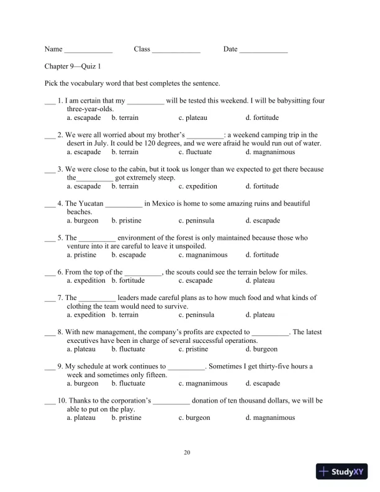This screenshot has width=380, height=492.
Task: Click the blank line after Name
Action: (89, 50)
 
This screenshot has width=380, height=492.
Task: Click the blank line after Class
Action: (176, 50)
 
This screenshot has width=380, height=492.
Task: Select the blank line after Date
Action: (264, 50)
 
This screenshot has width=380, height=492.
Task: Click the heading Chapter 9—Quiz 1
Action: (73, 66)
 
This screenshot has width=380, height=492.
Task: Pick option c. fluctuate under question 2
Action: (195, 152)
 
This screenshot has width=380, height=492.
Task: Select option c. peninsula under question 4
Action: (196, 221)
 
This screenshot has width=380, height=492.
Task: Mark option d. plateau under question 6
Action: (260, 281)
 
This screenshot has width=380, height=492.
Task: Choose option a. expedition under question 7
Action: (86, 315)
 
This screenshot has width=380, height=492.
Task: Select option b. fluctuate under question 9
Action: (128, 383)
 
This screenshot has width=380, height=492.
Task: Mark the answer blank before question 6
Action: (50, 272)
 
